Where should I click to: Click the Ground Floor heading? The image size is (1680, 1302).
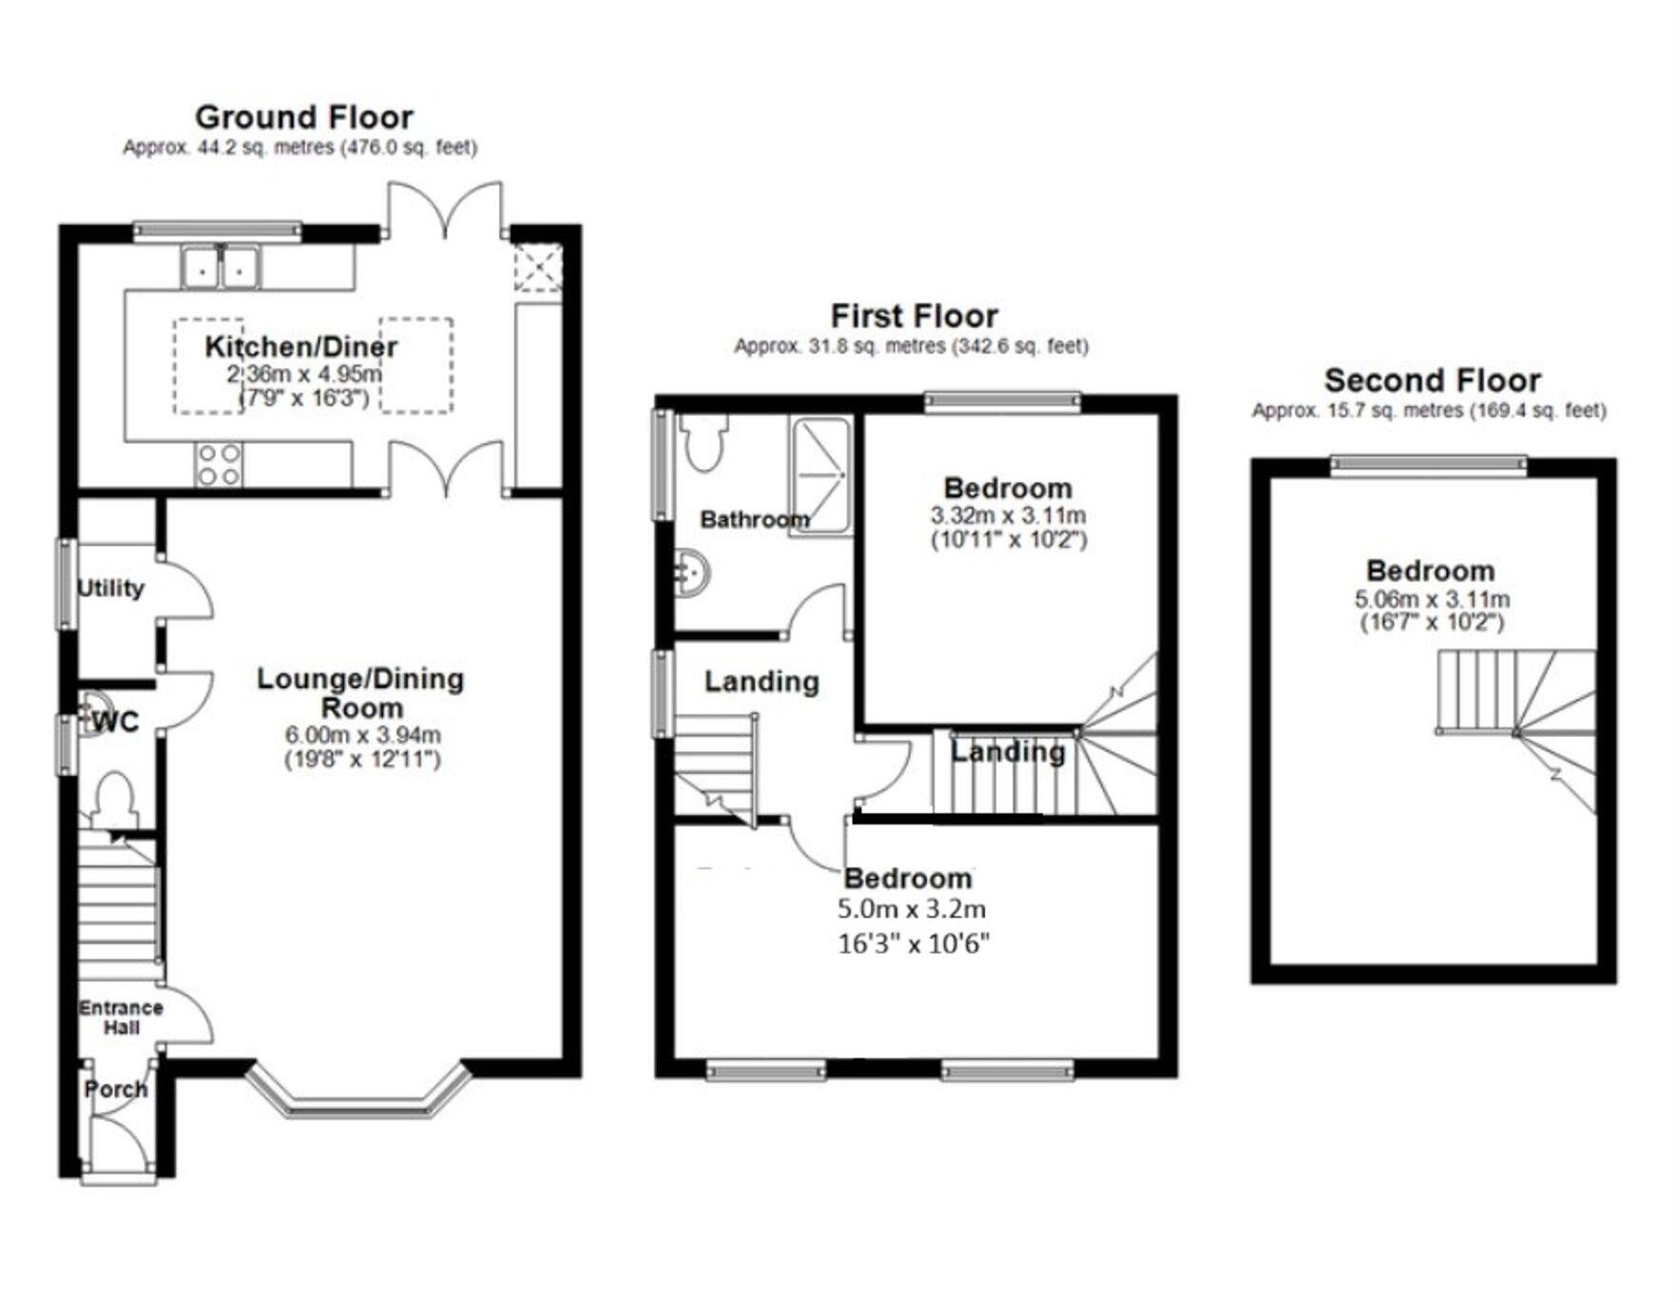(x=303, y=117)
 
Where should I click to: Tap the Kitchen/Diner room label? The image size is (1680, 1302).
(x=300, y=346)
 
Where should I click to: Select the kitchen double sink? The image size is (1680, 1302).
(x=222, y=266)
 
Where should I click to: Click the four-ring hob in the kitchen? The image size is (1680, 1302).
(x=218, y=465)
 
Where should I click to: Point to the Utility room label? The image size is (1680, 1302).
(x=110, y=588)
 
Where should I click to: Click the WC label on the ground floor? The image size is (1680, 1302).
(x=116, y=722)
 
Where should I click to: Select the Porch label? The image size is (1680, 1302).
(x=116, y=1089)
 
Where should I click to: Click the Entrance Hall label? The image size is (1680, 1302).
(x=121, y=1017)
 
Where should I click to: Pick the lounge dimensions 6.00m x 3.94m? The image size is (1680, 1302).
(x=362, y=734)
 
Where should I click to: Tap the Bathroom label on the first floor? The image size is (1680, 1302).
(x=754, y=519)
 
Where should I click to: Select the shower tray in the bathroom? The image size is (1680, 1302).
(x=819, y=476)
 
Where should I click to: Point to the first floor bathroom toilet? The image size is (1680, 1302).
(x=705, y=442)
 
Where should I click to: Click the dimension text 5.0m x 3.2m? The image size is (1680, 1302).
(x=911, y=909)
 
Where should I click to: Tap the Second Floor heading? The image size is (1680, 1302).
(x=1431, y=380)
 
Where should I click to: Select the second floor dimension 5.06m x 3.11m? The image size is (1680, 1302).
(x=1431, y=599)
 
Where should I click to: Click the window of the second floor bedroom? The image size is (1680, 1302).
(x=1427, y=464)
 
